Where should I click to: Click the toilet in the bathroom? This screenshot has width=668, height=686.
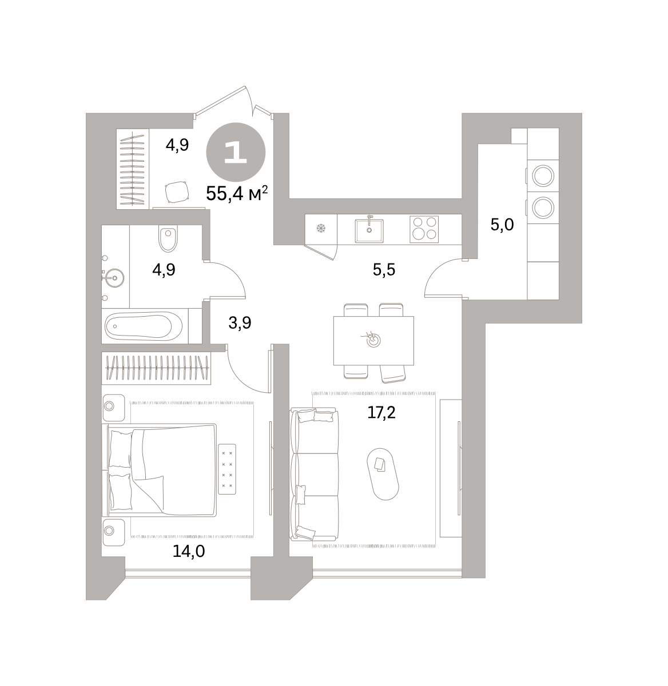point(168,238)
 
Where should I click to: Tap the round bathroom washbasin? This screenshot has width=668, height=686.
point(114,278)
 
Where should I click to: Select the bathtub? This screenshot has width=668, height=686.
point(144,326)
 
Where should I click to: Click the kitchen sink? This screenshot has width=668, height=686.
point(369,230)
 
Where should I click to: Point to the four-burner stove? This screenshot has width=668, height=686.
point(424,229)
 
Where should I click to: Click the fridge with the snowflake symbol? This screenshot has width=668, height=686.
point(321,229)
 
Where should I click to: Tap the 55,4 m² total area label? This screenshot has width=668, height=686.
point(237,194)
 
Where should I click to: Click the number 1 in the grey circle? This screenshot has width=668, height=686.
point(235,153)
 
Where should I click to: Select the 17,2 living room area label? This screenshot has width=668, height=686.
point(381,412)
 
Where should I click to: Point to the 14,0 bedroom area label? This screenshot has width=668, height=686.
point(188,551)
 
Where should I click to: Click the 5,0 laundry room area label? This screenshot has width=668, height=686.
point(502,225)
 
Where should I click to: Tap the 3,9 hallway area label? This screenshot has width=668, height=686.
point(240,322)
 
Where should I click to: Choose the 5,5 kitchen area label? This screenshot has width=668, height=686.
point(384,270)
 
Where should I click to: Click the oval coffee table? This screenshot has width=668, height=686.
point(383,474)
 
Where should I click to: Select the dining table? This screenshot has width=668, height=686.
point(373,341)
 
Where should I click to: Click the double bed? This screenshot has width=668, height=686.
point(159,470)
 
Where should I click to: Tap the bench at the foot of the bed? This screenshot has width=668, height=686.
point(227,469)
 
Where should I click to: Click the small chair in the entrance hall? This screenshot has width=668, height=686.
point(177,192)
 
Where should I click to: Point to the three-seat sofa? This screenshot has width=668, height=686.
point(314,474)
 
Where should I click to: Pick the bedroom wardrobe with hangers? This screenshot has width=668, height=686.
point(156,368)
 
